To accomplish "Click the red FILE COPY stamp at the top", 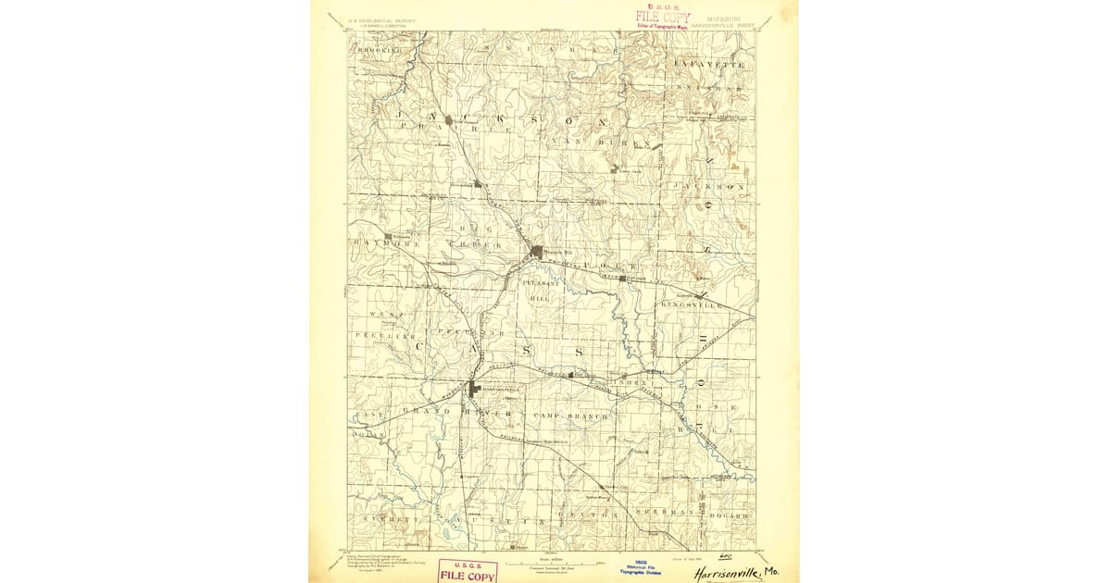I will (662, 17).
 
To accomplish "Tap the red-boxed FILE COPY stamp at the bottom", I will (468, 572).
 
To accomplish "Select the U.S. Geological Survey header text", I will (382, 19).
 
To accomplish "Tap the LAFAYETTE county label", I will (710, 65).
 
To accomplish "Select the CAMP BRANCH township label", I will (571, 416).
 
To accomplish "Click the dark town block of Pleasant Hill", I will (537, 251).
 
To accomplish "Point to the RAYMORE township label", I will (381, 243).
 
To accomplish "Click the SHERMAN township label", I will (666, 512).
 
